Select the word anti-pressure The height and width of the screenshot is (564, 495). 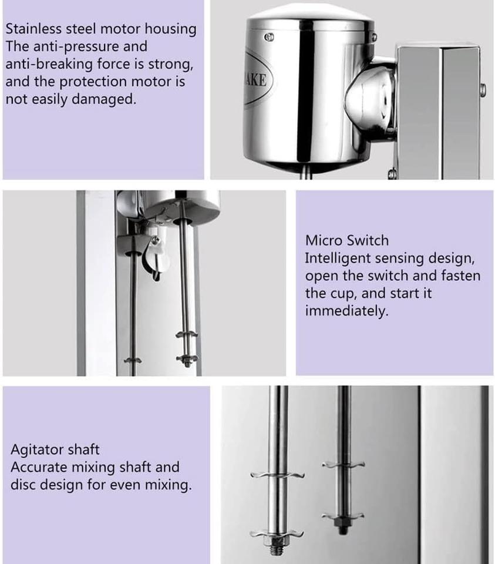[x=76, y=47]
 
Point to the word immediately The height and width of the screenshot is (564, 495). [x=346, y=311]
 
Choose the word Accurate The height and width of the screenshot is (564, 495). [x=39, y=467]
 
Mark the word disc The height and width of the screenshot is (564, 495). [x=23, y=485]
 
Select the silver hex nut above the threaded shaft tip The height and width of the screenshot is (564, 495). [x=274, y=540]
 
